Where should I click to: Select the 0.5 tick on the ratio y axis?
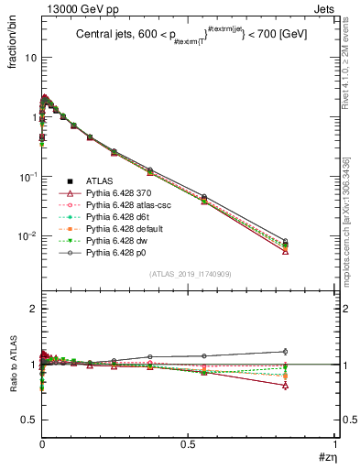[x=28, y=420]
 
